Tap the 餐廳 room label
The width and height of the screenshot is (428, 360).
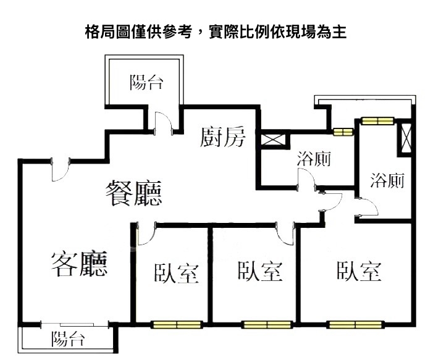pyautogui.click(x=134, y=194)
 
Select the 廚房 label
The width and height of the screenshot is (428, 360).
pyautogui.click(x=223, y=138)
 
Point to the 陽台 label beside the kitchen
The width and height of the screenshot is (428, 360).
pyautogui.click(x=146, y=82)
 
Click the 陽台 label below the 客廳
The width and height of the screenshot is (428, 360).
pyautogui.click(x=68, y=338)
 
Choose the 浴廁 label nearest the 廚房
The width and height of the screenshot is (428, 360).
pyautogui.click(x=314, y=159)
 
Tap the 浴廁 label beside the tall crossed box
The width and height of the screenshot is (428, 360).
pyautogui.click(x=387, y=180)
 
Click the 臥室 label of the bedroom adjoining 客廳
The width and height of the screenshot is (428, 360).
pyautogui.click(x=177, y=273)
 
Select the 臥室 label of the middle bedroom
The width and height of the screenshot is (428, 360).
pyautogui.click(x=260, y=271)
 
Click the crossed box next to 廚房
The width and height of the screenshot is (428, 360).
pyautogui.click(x=272, y=139)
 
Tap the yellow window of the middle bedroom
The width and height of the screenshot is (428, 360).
pyautogui.click(x=266, y=324)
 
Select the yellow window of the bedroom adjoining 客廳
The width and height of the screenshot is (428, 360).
pyautogui.click(x=177, y=324)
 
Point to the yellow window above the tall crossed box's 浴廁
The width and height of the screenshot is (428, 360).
pyautogui.click(x=377, y=120)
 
